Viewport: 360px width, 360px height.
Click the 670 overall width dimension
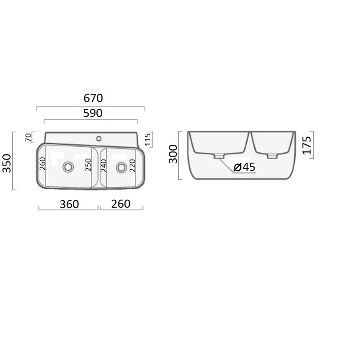click(93, 98)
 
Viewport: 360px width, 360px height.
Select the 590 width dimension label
click(93, 113)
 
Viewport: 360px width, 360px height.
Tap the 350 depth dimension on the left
click(7, 163)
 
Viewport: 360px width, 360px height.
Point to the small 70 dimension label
click(28, 137)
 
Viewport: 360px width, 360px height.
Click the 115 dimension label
click(148, 139)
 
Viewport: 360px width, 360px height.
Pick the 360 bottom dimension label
click(69, 204)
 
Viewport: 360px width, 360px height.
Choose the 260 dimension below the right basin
click(121, 204)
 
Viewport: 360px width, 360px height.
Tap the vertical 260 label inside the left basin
click(42, 163)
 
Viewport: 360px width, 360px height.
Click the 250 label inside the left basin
click(88, 165)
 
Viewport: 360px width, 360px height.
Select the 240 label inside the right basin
click(104, 166)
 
